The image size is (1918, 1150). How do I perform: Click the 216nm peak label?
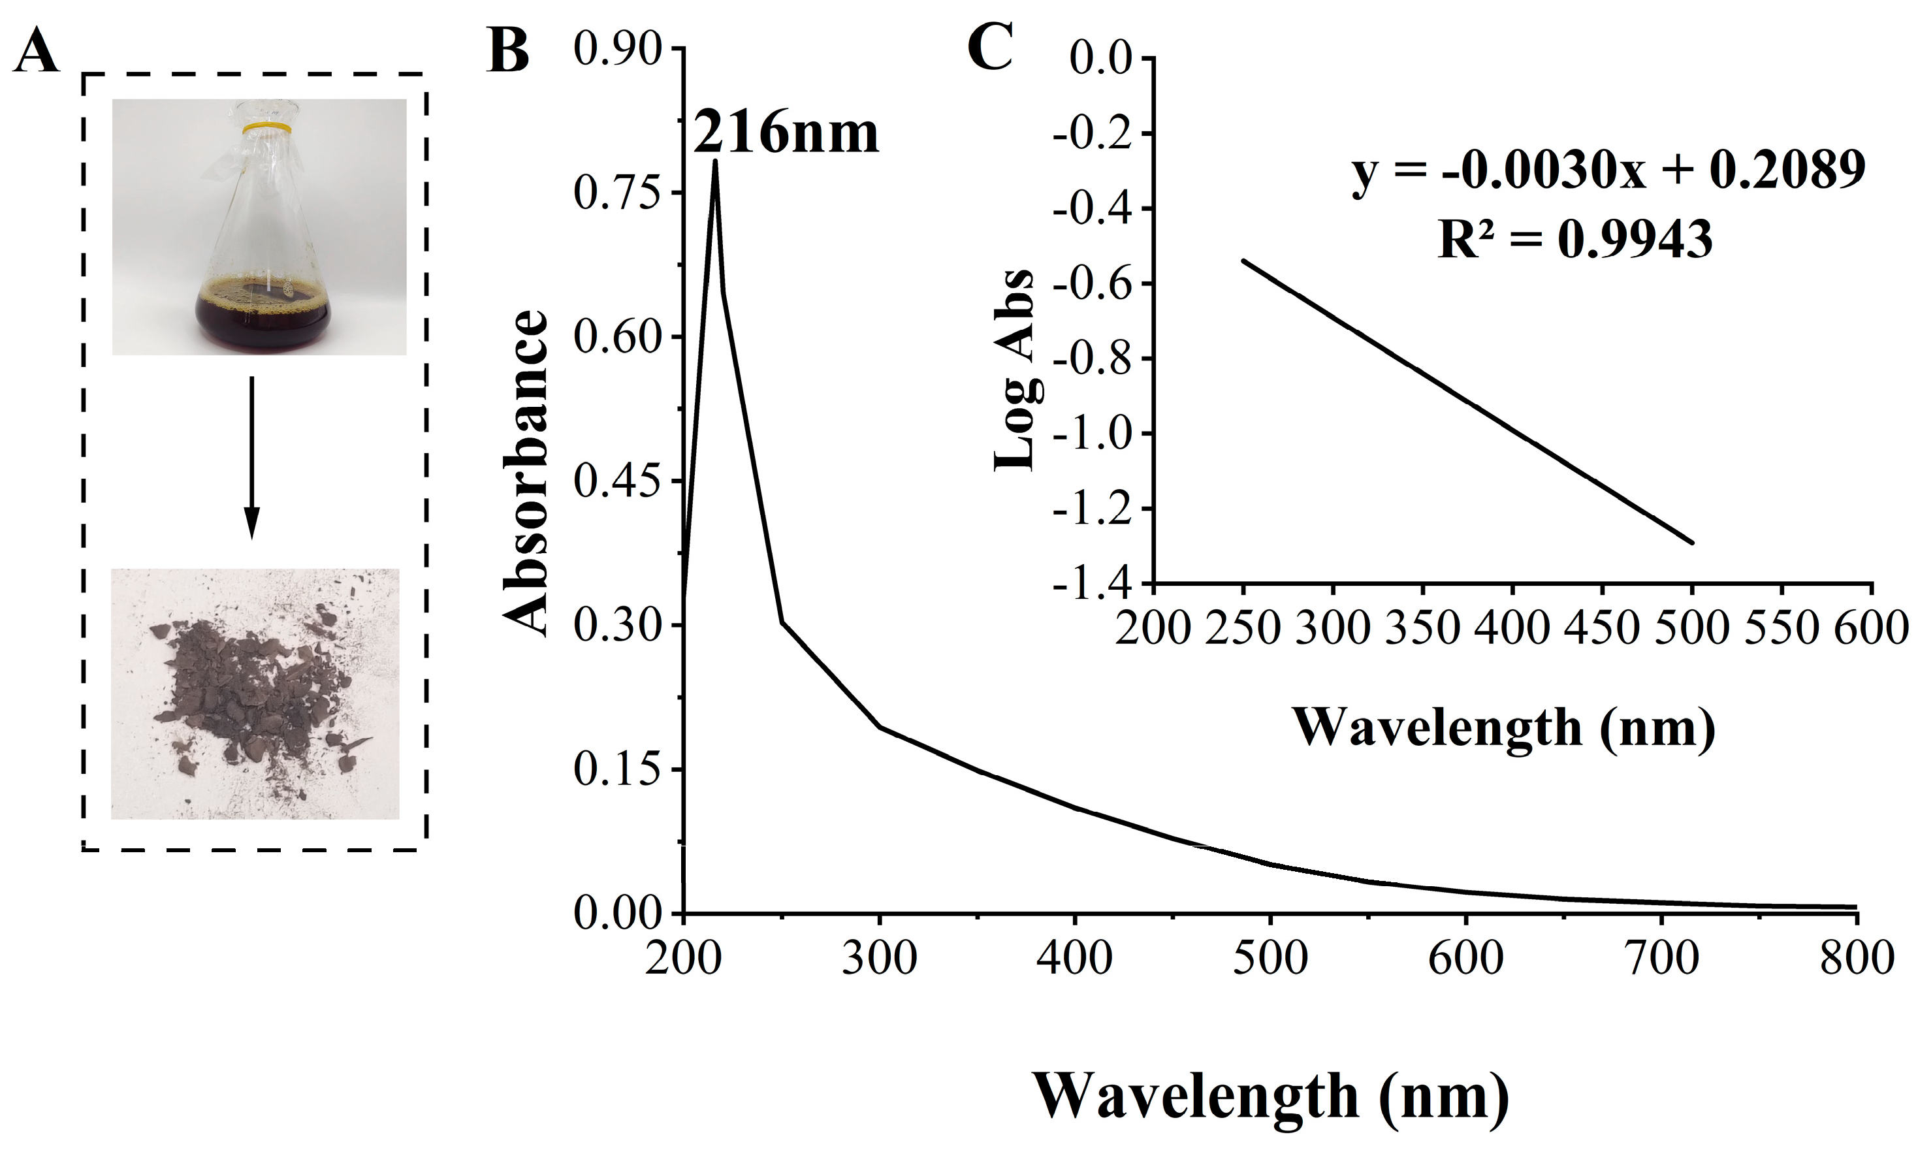click(785, 133)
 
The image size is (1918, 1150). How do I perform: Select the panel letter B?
click(507, 51)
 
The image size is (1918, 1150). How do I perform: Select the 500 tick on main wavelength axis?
click(1270, 958)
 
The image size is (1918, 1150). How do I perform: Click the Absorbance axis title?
click(527, 473)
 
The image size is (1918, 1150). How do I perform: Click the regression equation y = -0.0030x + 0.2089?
click(1608, 172)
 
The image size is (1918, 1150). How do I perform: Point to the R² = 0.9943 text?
click(1574, 238)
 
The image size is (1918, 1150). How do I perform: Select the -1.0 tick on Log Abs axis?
click(1093, 434)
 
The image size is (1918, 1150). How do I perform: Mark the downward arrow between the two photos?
click(251, 457)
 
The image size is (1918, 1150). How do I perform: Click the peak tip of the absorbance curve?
click(714, 162)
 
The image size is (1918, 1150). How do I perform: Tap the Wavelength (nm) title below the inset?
click(1503, 728)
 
